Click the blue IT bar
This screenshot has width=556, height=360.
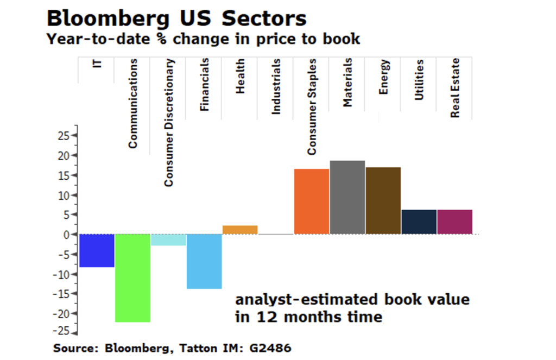[97, 250]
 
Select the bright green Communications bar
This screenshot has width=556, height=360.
[132, 278]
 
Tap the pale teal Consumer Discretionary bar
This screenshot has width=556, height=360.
[168, 240]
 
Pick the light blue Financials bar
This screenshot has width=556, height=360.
[204, 261]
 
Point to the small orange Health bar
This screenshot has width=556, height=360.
[240, 230]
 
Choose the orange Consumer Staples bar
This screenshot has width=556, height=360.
[311, 201]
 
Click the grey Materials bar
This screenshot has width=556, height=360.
[347, 197]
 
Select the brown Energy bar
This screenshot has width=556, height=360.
[383, 200]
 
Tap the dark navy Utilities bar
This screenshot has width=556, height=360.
[419, 222]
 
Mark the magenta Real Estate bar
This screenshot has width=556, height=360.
[454, 222]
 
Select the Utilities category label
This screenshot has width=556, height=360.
[419, 80]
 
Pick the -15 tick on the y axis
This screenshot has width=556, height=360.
[62, 294]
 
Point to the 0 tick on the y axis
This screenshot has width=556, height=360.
[67, 235]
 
